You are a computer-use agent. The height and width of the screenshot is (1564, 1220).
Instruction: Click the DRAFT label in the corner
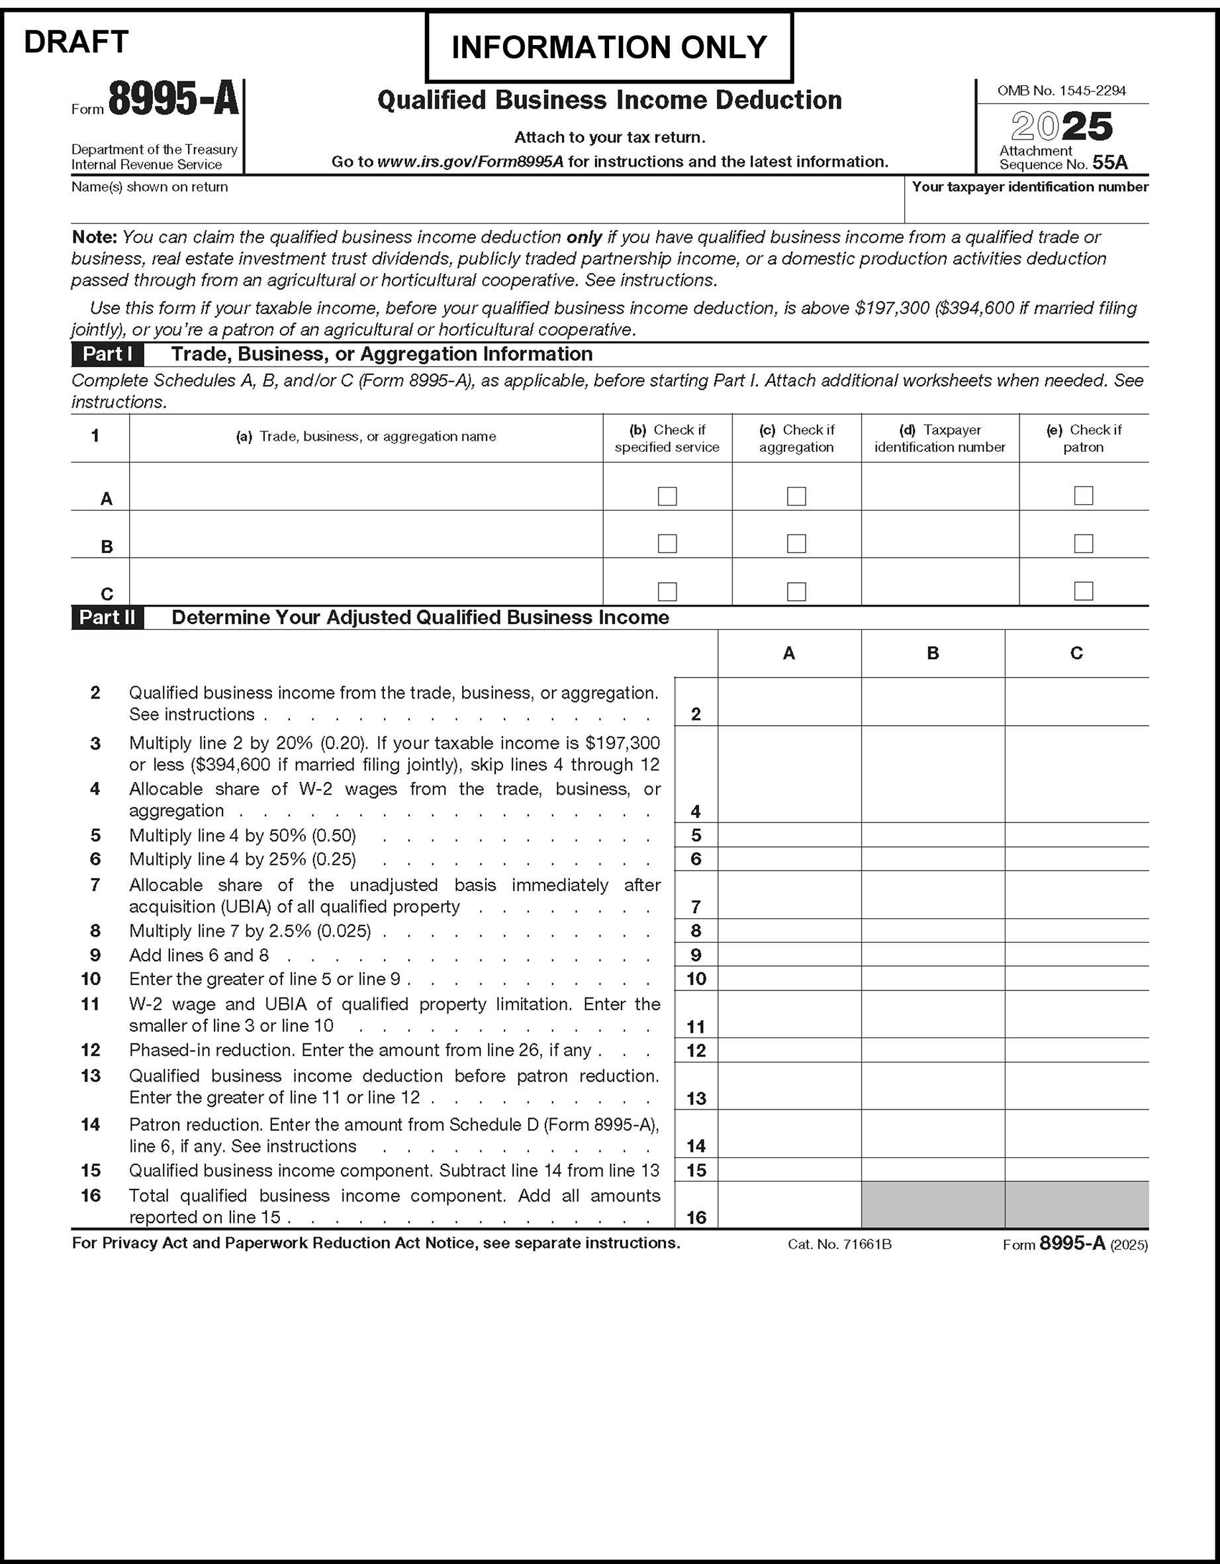point(76,42)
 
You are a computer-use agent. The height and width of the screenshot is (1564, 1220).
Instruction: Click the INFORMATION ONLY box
point(609,47)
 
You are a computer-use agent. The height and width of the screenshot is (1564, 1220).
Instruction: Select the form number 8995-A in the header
point(173,99)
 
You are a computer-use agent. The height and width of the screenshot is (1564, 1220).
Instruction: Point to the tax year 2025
point(1062,127)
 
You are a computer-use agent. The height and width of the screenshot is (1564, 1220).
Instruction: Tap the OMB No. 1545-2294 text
point(1062,91)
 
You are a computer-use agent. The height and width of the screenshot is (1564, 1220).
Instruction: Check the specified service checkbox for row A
point(667,496)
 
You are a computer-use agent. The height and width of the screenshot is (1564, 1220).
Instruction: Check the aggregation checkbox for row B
point(796,544)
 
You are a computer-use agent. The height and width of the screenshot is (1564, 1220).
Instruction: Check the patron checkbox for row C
point(1083,591)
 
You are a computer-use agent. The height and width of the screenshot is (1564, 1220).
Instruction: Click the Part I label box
point(107,355)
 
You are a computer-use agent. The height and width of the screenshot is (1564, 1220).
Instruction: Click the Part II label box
point(107,617)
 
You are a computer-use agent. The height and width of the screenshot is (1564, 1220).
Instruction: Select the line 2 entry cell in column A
point(789,703)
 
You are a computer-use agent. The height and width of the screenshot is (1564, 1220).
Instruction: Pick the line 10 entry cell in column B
point(933,979)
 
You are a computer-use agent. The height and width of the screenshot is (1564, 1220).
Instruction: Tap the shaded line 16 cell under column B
point(933,1205)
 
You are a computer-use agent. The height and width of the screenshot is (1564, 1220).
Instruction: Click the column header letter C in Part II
point(1076,653)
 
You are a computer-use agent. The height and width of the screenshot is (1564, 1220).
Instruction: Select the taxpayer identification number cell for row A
point(940,487)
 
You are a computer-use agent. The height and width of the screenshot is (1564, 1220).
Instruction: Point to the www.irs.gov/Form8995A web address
point(470,162)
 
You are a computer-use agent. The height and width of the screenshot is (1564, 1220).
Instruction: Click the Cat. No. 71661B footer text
point(839,1244)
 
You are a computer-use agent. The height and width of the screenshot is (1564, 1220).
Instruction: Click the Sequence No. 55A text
point(1063,164)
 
